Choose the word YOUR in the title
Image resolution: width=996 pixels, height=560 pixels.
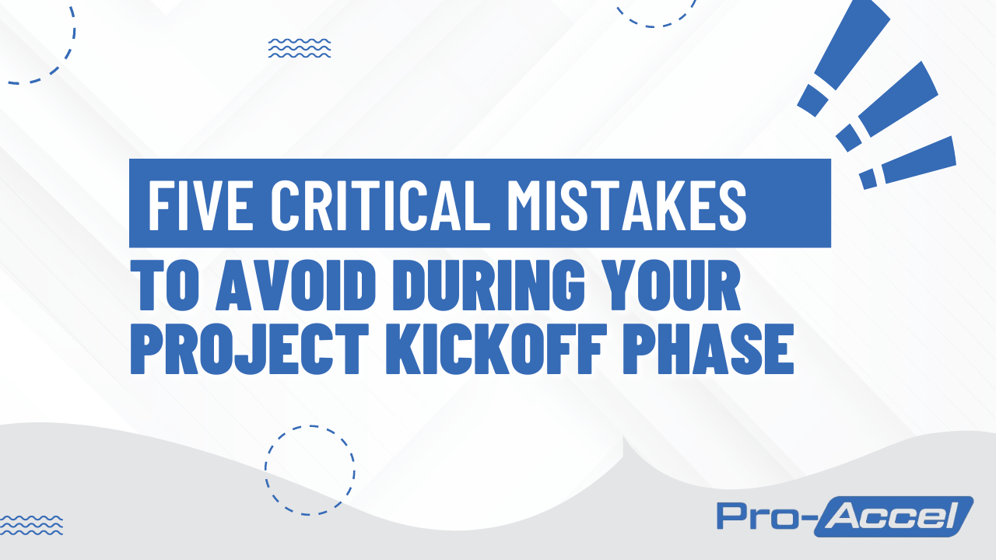point(661,288)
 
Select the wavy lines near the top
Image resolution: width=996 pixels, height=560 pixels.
point(300,48)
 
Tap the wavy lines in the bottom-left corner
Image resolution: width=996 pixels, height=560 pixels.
point(31,525)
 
